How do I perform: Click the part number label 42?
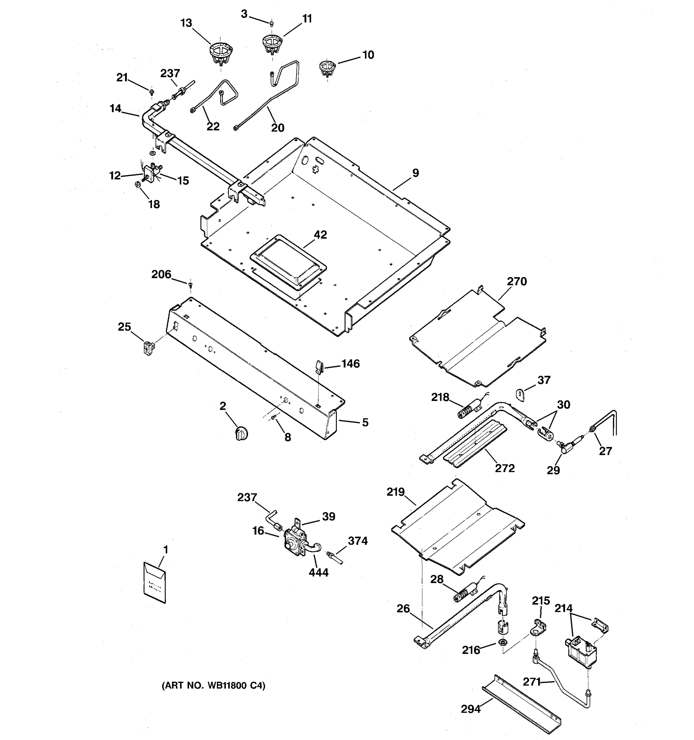320,235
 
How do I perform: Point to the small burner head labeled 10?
327,68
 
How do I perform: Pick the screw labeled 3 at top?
272,23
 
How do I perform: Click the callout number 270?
517,282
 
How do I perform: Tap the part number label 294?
471,709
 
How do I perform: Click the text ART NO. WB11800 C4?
213,686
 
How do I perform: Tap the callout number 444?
319,573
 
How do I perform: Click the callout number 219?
395,492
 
